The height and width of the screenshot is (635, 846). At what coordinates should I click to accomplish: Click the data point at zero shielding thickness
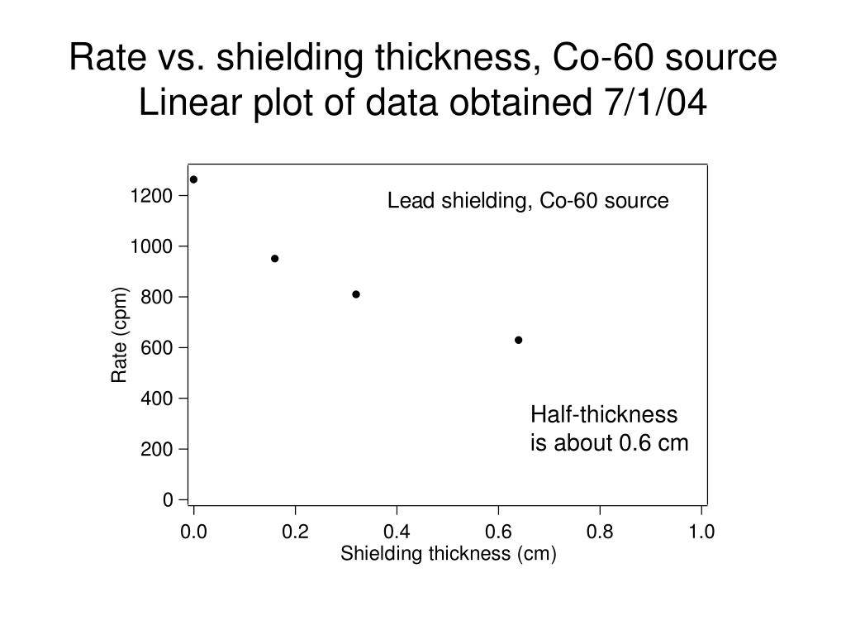tap(193, 179)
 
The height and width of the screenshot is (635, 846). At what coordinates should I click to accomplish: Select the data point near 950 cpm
tap(275, 259)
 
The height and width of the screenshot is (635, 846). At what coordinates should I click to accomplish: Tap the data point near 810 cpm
tap(356, 294)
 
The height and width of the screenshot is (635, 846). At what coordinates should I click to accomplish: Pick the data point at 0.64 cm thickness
tap(519, 340)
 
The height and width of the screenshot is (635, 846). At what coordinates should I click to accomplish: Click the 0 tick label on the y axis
tap(169, 500)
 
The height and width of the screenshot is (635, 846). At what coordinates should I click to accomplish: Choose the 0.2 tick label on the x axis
tap(295, 532)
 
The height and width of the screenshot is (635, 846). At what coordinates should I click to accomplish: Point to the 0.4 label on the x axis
tap(397, 532)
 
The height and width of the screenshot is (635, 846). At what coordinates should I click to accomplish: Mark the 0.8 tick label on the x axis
tap(600, 532)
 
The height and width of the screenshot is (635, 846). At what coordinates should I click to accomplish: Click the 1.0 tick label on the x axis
tap(701, 532)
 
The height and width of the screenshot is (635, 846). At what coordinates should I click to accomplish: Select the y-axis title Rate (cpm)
tap(121, 336)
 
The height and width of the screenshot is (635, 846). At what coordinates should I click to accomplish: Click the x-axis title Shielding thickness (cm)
tap(449, 554)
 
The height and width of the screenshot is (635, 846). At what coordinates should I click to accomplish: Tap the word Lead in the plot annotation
tap(406, 201)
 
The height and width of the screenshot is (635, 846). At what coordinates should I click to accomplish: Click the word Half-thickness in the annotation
tap(604, 414)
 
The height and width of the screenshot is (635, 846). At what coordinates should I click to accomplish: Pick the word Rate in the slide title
tap(103, 58)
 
